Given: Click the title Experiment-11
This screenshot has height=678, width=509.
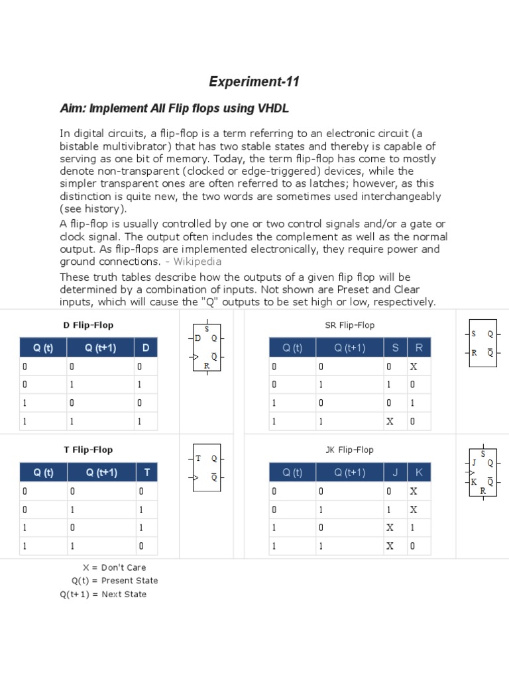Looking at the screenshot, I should coord(254,82).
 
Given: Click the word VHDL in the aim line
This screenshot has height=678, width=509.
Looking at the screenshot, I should coord(274,108).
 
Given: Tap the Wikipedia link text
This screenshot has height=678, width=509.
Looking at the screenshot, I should coord(198,262).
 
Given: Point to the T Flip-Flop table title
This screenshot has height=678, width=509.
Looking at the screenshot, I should coord(88,450).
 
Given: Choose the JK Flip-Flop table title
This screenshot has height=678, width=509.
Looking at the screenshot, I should coord(349,450).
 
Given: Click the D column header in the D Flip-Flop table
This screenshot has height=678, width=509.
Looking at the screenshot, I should coord(146,348).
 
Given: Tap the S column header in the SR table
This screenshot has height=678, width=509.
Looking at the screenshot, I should coord(395,348).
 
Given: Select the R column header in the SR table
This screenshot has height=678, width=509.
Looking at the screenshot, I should coord(418,348).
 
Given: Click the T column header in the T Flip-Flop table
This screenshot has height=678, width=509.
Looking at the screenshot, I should coord(146,472).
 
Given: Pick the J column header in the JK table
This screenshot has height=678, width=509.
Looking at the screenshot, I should coord(395,472).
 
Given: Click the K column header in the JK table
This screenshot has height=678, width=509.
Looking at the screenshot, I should coord(418,472).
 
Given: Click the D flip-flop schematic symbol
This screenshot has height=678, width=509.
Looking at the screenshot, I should coord(207,347).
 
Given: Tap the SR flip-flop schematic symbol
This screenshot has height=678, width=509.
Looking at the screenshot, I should coord(482,344).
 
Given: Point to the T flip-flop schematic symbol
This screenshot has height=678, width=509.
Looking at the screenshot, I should coord(207,467).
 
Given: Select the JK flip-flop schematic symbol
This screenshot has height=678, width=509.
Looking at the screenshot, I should coord(482,472).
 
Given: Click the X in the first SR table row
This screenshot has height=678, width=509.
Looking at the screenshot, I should coord(414,367).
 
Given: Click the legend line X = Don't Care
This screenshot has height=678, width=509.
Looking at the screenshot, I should coord(114,567).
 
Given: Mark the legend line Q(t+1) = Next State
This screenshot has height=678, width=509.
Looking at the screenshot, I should coord(103,595).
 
